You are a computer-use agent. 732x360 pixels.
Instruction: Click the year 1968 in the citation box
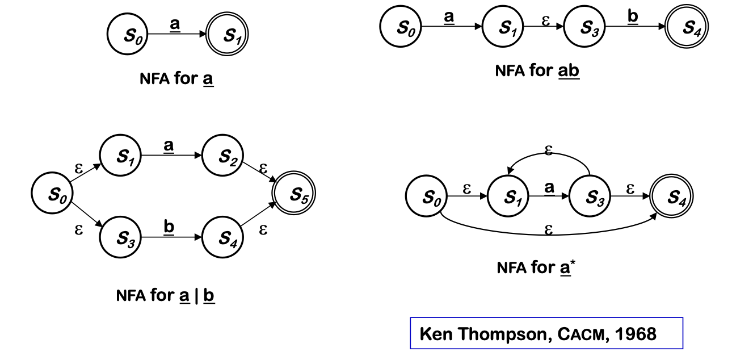click(x=638, y=333)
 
